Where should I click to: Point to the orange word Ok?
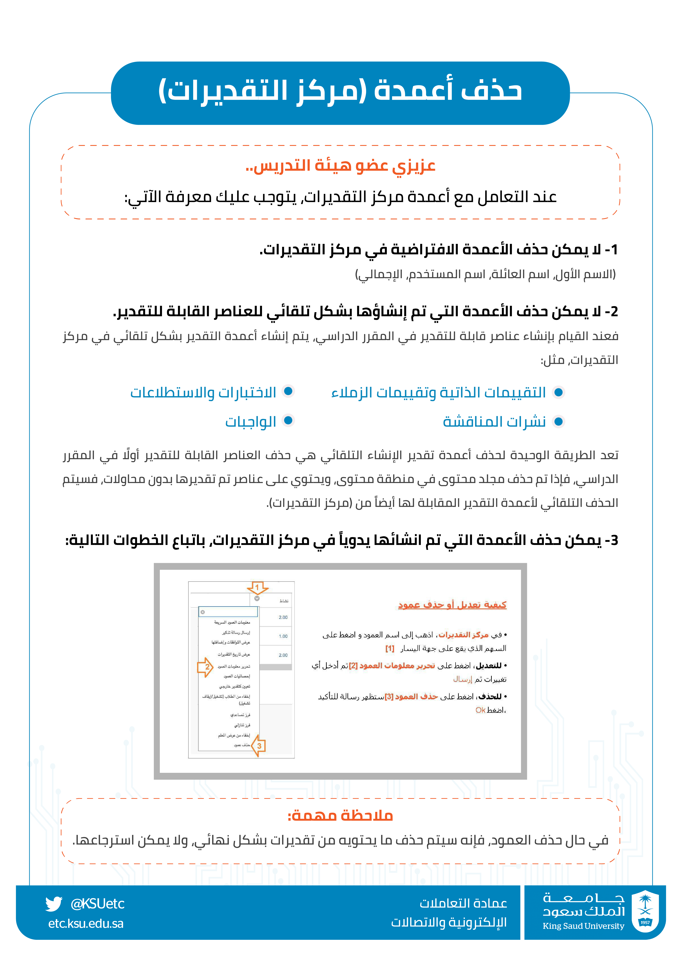480,710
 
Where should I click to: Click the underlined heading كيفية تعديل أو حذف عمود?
452,605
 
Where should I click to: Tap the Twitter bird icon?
54,904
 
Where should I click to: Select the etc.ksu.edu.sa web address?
86,924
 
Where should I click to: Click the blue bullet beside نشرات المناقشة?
558,421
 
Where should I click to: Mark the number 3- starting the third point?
611,540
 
